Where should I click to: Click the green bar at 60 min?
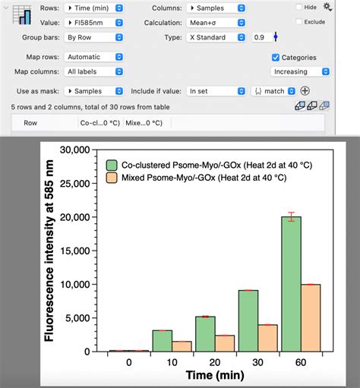(292, 285)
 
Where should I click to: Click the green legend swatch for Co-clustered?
(112, 165)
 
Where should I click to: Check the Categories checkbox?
(276, 58)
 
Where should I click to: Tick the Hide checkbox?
(299, 7)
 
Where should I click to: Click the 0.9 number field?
(260, 37)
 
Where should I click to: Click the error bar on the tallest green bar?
(292, 217)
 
